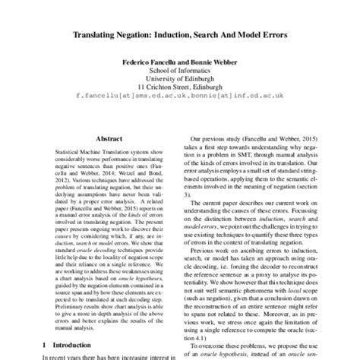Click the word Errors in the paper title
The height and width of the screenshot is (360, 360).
coord(272,34)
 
